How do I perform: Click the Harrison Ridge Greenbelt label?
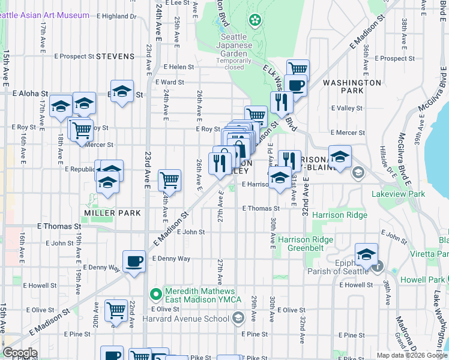pos(306,244)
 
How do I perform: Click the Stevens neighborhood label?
pos(115,56)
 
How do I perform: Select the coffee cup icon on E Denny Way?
pos(134,262)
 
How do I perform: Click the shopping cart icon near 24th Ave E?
pos(170,179)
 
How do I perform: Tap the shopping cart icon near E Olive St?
pos(116,311)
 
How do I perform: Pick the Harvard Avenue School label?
pos(193,317)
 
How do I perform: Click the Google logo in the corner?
pos(19,353)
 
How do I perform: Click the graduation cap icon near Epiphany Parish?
pos(366,254)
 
